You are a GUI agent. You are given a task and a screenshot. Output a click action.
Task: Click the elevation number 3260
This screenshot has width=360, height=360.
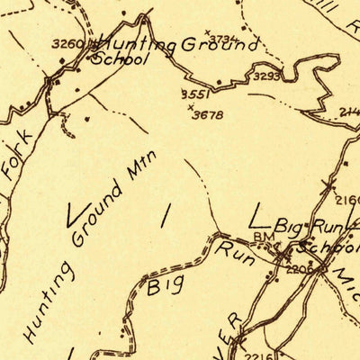pos(67,43)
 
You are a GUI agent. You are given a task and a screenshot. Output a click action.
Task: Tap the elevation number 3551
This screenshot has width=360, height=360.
pos(194,94)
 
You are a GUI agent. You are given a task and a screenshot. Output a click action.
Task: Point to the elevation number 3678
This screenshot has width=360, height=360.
pos(208,114)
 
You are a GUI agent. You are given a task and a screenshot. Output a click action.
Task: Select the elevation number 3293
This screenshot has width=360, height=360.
pos(266,76)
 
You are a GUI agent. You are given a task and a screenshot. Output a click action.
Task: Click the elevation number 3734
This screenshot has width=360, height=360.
pos(229,38)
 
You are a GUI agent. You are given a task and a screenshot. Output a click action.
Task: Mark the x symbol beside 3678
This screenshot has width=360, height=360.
pos(191,107)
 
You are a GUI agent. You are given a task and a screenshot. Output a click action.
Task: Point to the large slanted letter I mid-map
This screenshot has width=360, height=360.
pos(165,215)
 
